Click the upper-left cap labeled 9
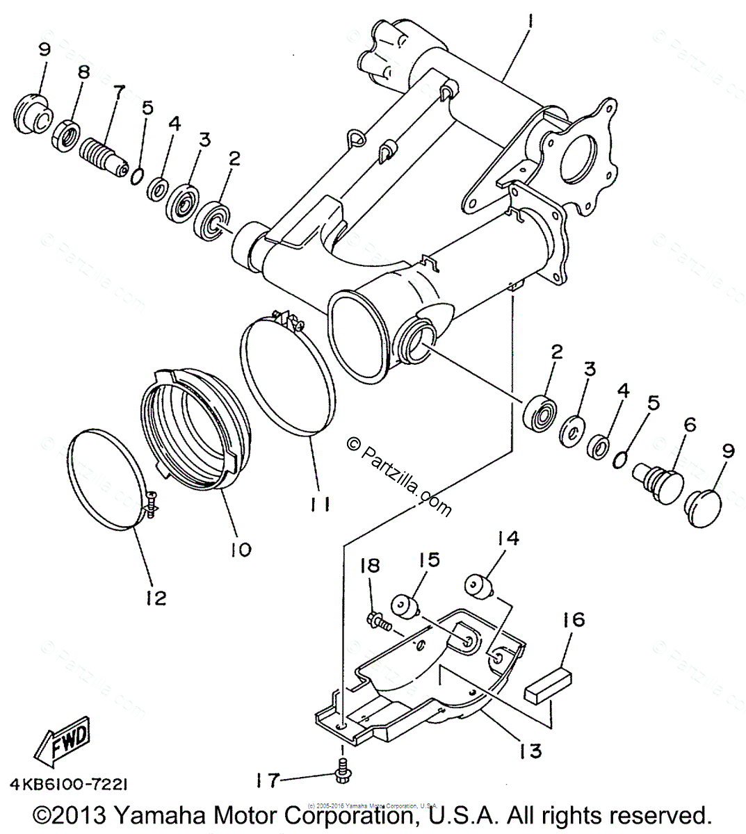point(31,115)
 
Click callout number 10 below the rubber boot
point(241,549)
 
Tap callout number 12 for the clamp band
point(156,597)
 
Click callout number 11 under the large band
point(320,504)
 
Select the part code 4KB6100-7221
point(68,783)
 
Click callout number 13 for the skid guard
point(530,751)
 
